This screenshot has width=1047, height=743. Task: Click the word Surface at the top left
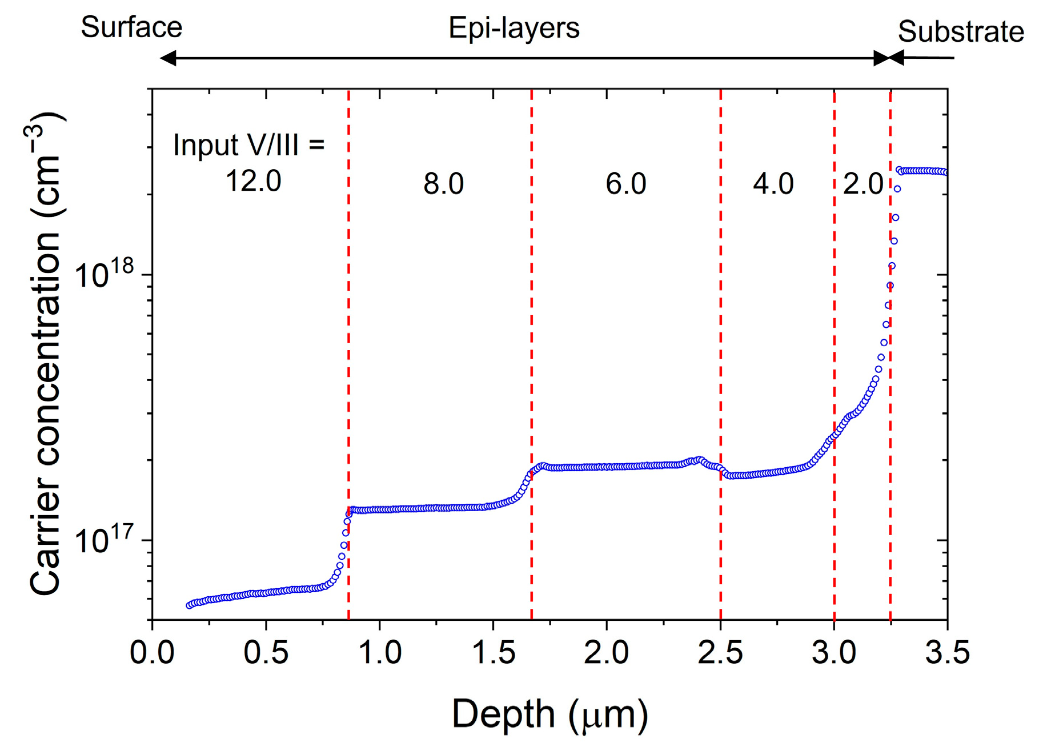pos(131,27)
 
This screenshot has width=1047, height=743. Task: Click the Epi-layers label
pos(514,28)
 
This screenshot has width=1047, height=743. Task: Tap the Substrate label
pos(961,31)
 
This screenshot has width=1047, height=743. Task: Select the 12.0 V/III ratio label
pos(253,182)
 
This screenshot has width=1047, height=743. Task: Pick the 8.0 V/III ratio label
pos(443,184)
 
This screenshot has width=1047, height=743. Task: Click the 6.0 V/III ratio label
pos(625,184)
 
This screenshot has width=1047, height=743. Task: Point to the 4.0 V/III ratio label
pos(773,184)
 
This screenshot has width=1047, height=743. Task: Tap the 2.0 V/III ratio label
pos(863,184)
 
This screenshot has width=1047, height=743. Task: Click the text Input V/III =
pos(248,144)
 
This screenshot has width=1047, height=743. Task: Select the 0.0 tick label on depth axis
pos(152,652)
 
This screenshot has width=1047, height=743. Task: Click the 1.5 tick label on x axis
pos(493,652)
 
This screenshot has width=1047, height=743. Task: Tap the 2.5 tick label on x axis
pos(720,652)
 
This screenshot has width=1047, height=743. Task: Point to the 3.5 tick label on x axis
pos(948,652)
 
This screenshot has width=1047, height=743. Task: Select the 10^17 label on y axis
pos(105,540)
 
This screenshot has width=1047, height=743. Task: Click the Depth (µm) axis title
pos(550,713)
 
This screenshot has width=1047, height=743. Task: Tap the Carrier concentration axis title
pos(46,354)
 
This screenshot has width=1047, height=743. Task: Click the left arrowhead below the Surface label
pos(167,58)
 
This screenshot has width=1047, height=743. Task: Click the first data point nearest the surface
pos(190,605)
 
